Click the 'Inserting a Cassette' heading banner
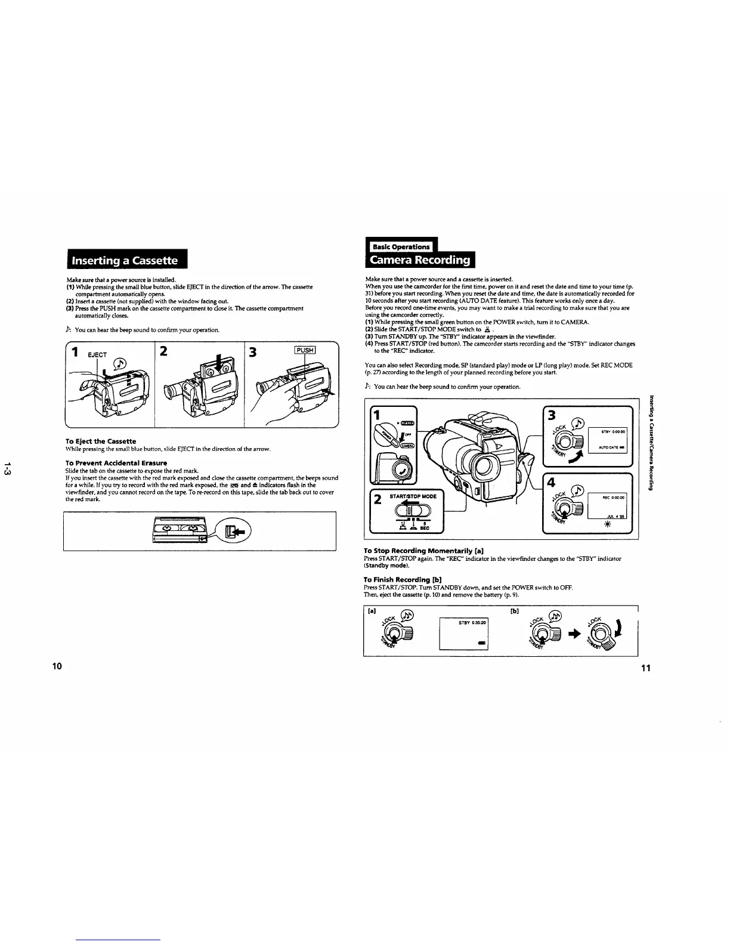(x=125, y=261)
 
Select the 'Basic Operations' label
(x=401, y=247)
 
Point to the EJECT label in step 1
(x=97, y=354)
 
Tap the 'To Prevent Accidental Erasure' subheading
(x=116, y=463)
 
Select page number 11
(x=645, y=668)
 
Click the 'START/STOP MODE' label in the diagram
(x=413, y=496)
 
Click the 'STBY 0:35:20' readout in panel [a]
(x=472, y=623)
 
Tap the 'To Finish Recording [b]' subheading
(x=402, y=580)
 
